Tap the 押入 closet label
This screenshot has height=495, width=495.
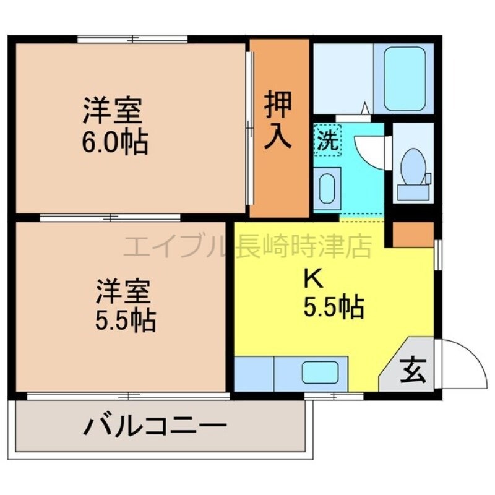click(278, 119)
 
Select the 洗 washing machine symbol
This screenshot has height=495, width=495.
click(328, 140)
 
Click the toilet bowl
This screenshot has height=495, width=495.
click(413, 166)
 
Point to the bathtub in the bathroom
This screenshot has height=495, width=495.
click(405, 79)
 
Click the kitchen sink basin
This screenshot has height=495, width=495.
click(320, 372)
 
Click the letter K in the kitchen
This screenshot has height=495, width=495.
click(313, 279)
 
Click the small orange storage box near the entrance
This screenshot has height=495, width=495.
click(413, 235)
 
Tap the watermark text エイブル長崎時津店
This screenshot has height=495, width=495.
click(247, 246)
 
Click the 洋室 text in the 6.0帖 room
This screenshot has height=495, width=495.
click(113, 110)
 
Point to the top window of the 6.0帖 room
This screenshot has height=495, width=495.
click(132, 40)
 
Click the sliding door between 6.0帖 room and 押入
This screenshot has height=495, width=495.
click(250, 128)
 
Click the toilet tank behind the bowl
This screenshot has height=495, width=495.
click(413, 192)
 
